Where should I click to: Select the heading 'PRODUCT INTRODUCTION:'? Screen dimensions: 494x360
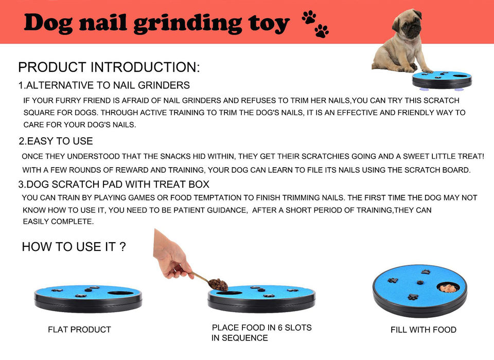(x=109, y=67)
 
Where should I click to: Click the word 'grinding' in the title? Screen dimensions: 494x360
(x=188, y=24)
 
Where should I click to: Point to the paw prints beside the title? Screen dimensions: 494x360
(x=315, y=24)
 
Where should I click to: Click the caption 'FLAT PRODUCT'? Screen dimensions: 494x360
(x=79, y=330)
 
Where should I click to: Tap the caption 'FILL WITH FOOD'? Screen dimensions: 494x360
(x=424, y=330)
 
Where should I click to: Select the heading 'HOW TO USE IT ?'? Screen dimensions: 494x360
(x=74, y=247)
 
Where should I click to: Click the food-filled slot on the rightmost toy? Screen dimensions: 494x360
(x=448, y=287)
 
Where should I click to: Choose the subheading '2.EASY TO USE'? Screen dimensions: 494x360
(x=56, y=141)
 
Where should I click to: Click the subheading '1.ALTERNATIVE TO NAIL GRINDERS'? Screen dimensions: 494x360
(x=104, y=85)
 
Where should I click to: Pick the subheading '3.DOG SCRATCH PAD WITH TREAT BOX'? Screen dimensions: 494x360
(x=114, y=184)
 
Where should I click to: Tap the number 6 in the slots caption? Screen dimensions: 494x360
(x=280, y=328)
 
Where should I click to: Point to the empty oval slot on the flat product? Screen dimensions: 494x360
(x=120, y=293)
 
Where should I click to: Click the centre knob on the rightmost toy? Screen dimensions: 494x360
(x=420, y=282)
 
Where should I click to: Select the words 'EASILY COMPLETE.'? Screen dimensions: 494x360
(x=58, y=222)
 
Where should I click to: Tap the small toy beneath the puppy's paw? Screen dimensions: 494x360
(x=442, y=80)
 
